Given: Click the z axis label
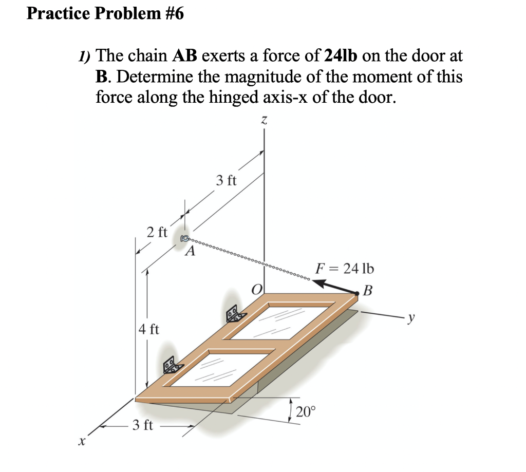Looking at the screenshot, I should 264,121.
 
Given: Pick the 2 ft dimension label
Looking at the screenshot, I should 156,232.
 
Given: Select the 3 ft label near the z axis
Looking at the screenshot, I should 226,180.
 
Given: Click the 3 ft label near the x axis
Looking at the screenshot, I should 142,426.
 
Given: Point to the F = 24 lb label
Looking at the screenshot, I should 345,269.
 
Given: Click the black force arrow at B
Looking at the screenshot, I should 336,286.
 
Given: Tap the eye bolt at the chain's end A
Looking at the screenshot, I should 185,238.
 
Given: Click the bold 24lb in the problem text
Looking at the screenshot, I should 342,55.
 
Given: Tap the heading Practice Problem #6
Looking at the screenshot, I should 105,14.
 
